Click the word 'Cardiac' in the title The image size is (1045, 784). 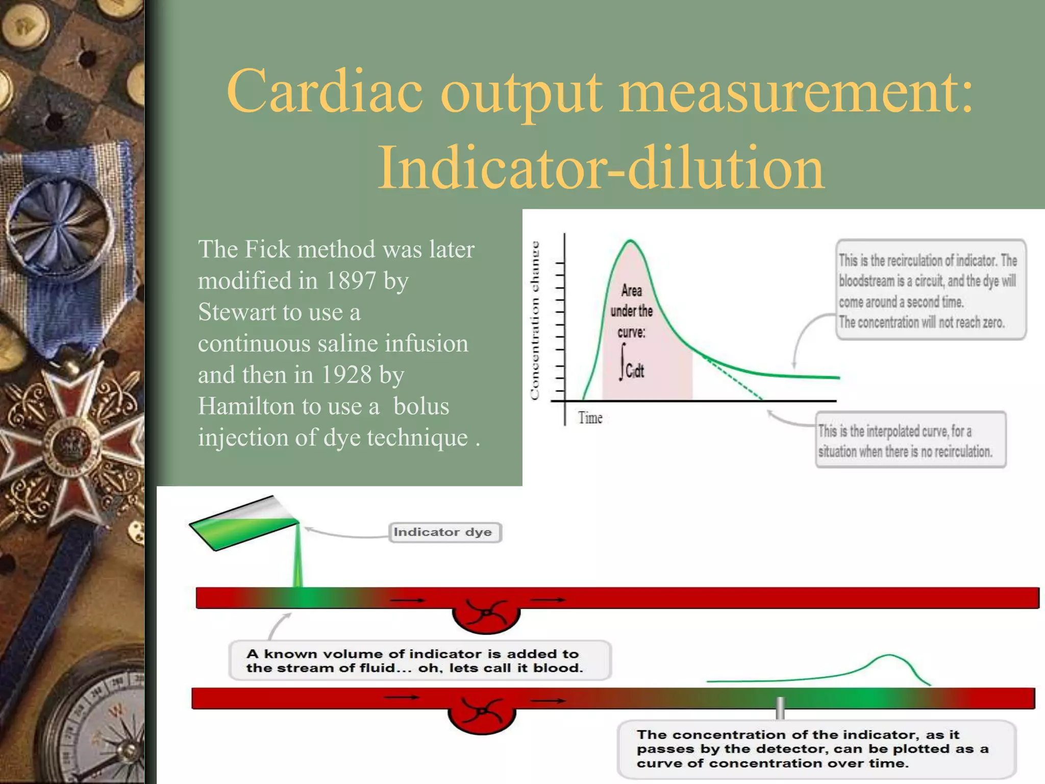[x=325, y=92]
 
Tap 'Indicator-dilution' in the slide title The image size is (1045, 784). [x=601, y=167]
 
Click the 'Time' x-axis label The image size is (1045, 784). [x=590, y=418]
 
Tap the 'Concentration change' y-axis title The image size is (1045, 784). [x=534, y=320]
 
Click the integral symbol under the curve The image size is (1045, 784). [x=623, y=362]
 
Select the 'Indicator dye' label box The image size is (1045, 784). [x=444, y=532]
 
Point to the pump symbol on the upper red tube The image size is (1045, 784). [x=486, y=612]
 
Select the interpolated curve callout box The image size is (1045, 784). [x=910, y=440]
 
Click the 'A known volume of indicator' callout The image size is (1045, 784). [x=419, y=660]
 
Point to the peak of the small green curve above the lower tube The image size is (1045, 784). [x=888, y=655]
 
